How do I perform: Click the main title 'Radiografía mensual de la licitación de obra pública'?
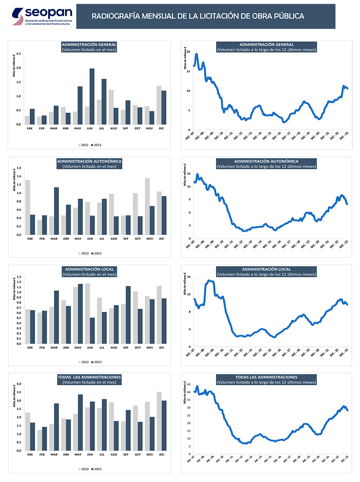(198, 16)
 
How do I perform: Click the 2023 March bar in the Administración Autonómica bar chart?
(56, 211)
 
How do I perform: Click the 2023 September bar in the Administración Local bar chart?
(128, 315)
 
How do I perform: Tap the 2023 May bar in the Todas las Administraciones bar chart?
(80, 423)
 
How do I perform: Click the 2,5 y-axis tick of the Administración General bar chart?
(19, 54)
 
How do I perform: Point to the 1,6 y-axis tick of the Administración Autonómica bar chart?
(19, 168)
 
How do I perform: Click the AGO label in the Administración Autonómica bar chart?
(113, 238)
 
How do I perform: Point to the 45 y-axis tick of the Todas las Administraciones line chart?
(189, 384)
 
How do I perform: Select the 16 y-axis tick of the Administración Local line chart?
(189, 277)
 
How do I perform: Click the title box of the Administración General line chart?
(266, 47)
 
